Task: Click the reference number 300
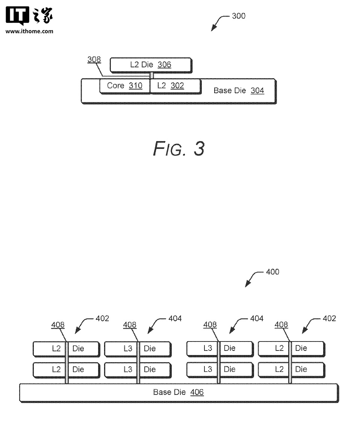click(239, 16)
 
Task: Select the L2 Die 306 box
click(150, 65)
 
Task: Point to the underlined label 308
click(94, 59)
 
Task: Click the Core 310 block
click(124, 86)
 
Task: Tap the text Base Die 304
click(239, 90)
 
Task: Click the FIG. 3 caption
click(178, 149)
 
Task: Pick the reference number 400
click(272, 272)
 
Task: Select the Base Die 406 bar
click(178, 393)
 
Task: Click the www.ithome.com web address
click(29, 31)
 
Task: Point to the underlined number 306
click(164, 65)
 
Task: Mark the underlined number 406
click(197, 393)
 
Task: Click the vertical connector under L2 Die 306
click(152, 76)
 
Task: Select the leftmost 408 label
click(58, 325)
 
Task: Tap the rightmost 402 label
click(329, 319)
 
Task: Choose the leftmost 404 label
click(175, 319)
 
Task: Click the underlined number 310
click(135, 86)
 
